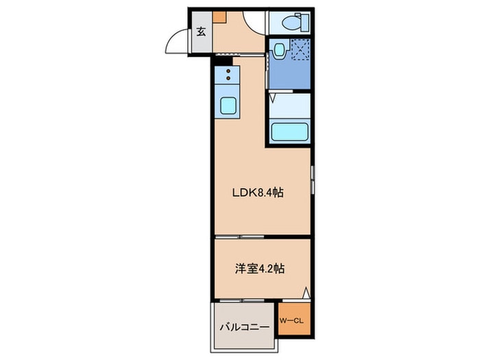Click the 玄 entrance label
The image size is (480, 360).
click(x=202, y=31)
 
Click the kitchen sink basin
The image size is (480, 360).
click(x=227, y=107)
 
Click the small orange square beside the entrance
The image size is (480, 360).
click(x=218, y=18)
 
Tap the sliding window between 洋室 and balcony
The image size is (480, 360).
click(x=244, y=301)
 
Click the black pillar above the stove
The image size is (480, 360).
click(x=217, y=60)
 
